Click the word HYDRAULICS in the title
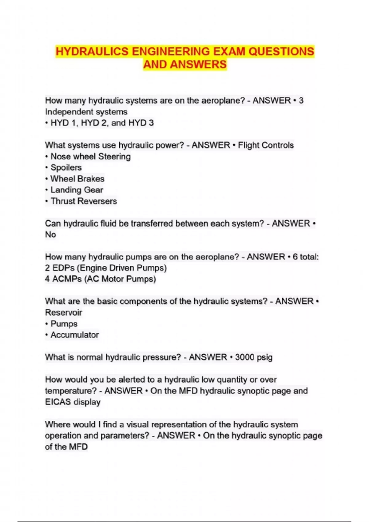point(92,52)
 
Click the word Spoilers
point(66,168)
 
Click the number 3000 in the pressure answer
point(244,357)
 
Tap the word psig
point(264,358)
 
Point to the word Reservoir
point(64,313)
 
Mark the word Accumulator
point(74,335)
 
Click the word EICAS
point(58,402)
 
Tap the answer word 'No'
point(50,235)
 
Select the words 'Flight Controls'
point(266,145)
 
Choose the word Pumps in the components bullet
point(64,324)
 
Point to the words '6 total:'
point(305,257)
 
